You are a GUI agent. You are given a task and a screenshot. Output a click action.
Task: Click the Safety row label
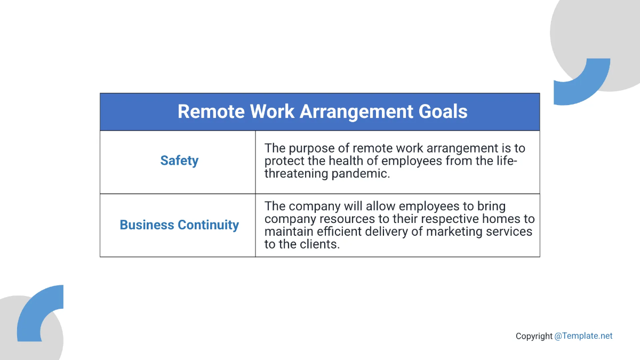coord(179,161)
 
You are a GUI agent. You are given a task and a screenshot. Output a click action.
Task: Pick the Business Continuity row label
coord(179,225)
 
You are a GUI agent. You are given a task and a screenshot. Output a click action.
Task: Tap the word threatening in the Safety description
coord(295,173)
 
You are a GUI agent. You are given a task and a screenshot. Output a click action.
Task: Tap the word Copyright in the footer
coord(534,336)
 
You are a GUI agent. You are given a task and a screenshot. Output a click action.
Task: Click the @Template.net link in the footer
coord(583,336)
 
